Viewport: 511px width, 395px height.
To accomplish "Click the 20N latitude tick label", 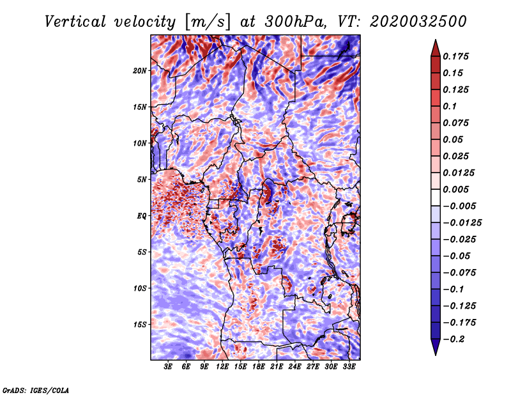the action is click(x=140, y=70).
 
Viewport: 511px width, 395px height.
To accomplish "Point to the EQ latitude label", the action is click(x=141, y=215).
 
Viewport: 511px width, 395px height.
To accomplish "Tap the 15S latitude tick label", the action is click(x=140, y=324).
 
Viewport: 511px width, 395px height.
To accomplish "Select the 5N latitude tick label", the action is click(x=142, y=180).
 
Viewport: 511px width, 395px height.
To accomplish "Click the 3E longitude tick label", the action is click(x=168, y=367).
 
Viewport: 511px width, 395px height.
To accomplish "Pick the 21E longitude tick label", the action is click(x=277, y=367).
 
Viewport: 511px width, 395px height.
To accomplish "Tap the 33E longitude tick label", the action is click(x=349, y=367).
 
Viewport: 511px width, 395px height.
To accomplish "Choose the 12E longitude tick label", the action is click(x=222, y=367).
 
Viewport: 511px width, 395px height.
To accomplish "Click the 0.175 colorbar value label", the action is click(x=455, y=56).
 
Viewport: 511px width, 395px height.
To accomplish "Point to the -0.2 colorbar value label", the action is click(x=453, y=339).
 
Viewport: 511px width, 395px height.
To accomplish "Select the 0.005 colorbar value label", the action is click(x=455, y=189).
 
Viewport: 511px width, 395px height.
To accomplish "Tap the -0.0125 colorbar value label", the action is click(x=462, y=223).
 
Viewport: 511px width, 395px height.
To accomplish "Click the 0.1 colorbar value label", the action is click(x=450, y=106).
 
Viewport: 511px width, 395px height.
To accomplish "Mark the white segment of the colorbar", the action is click(x=436, y=197).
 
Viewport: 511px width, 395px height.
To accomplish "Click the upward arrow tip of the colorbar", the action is click(x=436, y=40).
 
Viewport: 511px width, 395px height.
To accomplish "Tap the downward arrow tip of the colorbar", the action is click(x=436, y=355).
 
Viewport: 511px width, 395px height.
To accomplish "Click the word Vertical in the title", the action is click(x=75, y=22).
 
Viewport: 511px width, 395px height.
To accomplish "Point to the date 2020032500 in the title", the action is click(x=418, y=22).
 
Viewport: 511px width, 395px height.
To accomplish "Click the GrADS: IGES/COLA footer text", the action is click(x=36, y=390).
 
